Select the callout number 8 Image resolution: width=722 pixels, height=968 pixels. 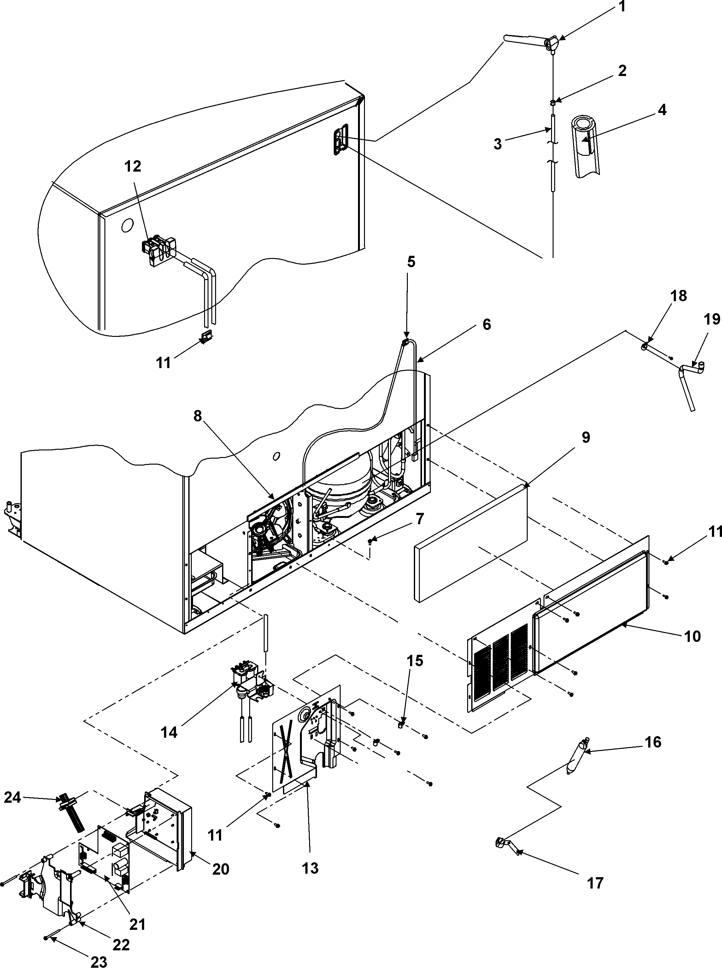[x=197, y=416]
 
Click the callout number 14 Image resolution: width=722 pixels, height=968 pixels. [x=169, y=732]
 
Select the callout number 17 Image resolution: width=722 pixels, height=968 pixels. [x=595, y=883]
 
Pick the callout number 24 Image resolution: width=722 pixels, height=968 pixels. [x=12, y=798]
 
